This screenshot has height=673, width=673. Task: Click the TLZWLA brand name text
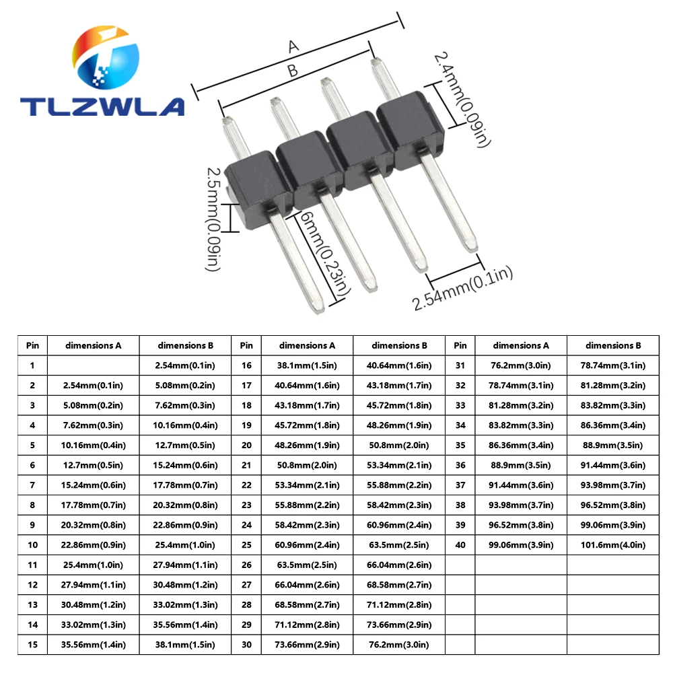(102, 107)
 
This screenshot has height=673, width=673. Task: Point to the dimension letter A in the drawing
(293, 46)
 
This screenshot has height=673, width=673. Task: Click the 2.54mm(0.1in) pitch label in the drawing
(463, 288)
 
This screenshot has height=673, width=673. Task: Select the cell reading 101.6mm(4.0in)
(613, 545)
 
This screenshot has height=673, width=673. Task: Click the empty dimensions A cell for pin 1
(93, 365)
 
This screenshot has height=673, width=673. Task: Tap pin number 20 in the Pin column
(246, 446)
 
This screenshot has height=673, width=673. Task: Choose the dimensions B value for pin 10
(185, 545)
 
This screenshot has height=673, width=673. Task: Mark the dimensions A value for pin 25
(307, 545)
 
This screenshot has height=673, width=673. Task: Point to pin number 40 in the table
(460, 545)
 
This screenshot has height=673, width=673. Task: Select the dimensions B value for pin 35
(613, 446)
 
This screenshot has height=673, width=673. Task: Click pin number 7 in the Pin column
(32, 485)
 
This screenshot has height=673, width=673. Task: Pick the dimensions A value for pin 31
(521, 365)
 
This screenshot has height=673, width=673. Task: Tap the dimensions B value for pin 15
(185, 645)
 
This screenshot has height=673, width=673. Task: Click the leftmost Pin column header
(32, 345)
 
